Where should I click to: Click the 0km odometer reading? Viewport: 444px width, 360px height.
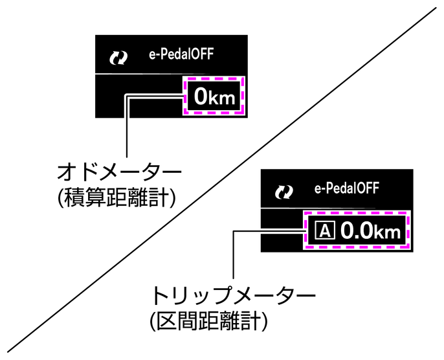(x=212, y=98)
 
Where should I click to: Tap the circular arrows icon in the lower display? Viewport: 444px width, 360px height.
(x=283, y=191)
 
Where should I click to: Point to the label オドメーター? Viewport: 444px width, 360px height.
(x=119, y=173)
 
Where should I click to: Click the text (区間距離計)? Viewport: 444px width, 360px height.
(x=208, y=320)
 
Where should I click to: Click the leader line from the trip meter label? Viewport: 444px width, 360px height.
(x=232, y=259)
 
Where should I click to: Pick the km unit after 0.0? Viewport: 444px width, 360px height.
(x=391, y=233)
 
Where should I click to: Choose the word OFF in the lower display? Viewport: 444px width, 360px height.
(x=368, y=188)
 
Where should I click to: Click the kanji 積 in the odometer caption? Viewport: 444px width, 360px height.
(x=76, y=198)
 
